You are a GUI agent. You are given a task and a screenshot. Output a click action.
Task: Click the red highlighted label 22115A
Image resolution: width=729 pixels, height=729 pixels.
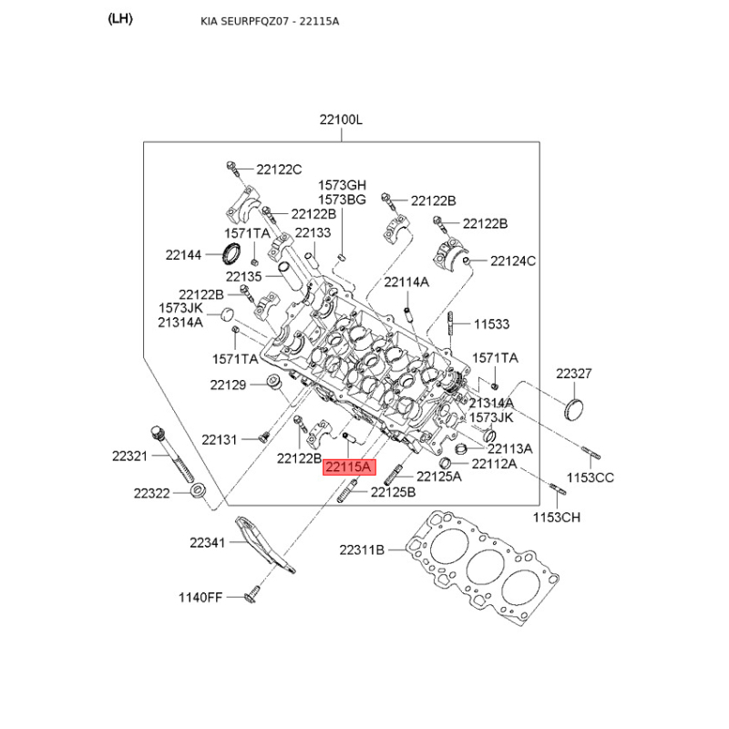[x=348, y=467]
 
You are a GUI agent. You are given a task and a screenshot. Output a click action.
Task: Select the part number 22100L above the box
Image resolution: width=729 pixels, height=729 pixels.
[x=341, y=120]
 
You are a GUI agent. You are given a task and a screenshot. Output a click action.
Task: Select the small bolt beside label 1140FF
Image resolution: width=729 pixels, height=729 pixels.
[x=252, y=597]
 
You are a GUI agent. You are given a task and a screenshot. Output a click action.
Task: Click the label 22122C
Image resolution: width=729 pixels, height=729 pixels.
[x=279, y=169]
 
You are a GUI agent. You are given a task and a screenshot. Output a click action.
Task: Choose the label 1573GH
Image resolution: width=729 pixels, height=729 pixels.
[x=342, y=186]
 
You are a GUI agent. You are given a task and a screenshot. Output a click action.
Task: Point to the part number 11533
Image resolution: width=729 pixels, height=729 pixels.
[x=491, y=324]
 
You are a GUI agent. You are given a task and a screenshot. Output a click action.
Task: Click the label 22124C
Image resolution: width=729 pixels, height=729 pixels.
[x=513, y=262]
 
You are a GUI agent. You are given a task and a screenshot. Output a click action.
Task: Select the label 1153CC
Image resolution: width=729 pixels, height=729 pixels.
[x=591, y=477]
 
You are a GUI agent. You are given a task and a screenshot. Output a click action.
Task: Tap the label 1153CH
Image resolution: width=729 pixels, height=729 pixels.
[x=557, y=518]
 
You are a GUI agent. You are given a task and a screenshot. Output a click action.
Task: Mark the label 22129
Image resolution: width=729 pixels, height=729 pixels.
[x=229, y=385]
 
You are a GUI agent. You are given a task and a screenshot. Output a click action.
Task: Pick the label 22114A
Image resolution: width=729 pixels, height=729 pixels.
[x=406, y=282]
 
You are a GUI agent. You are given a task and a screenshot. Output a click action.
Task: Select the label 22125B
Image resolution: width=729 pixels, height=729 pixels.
[x=393, y=492]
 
